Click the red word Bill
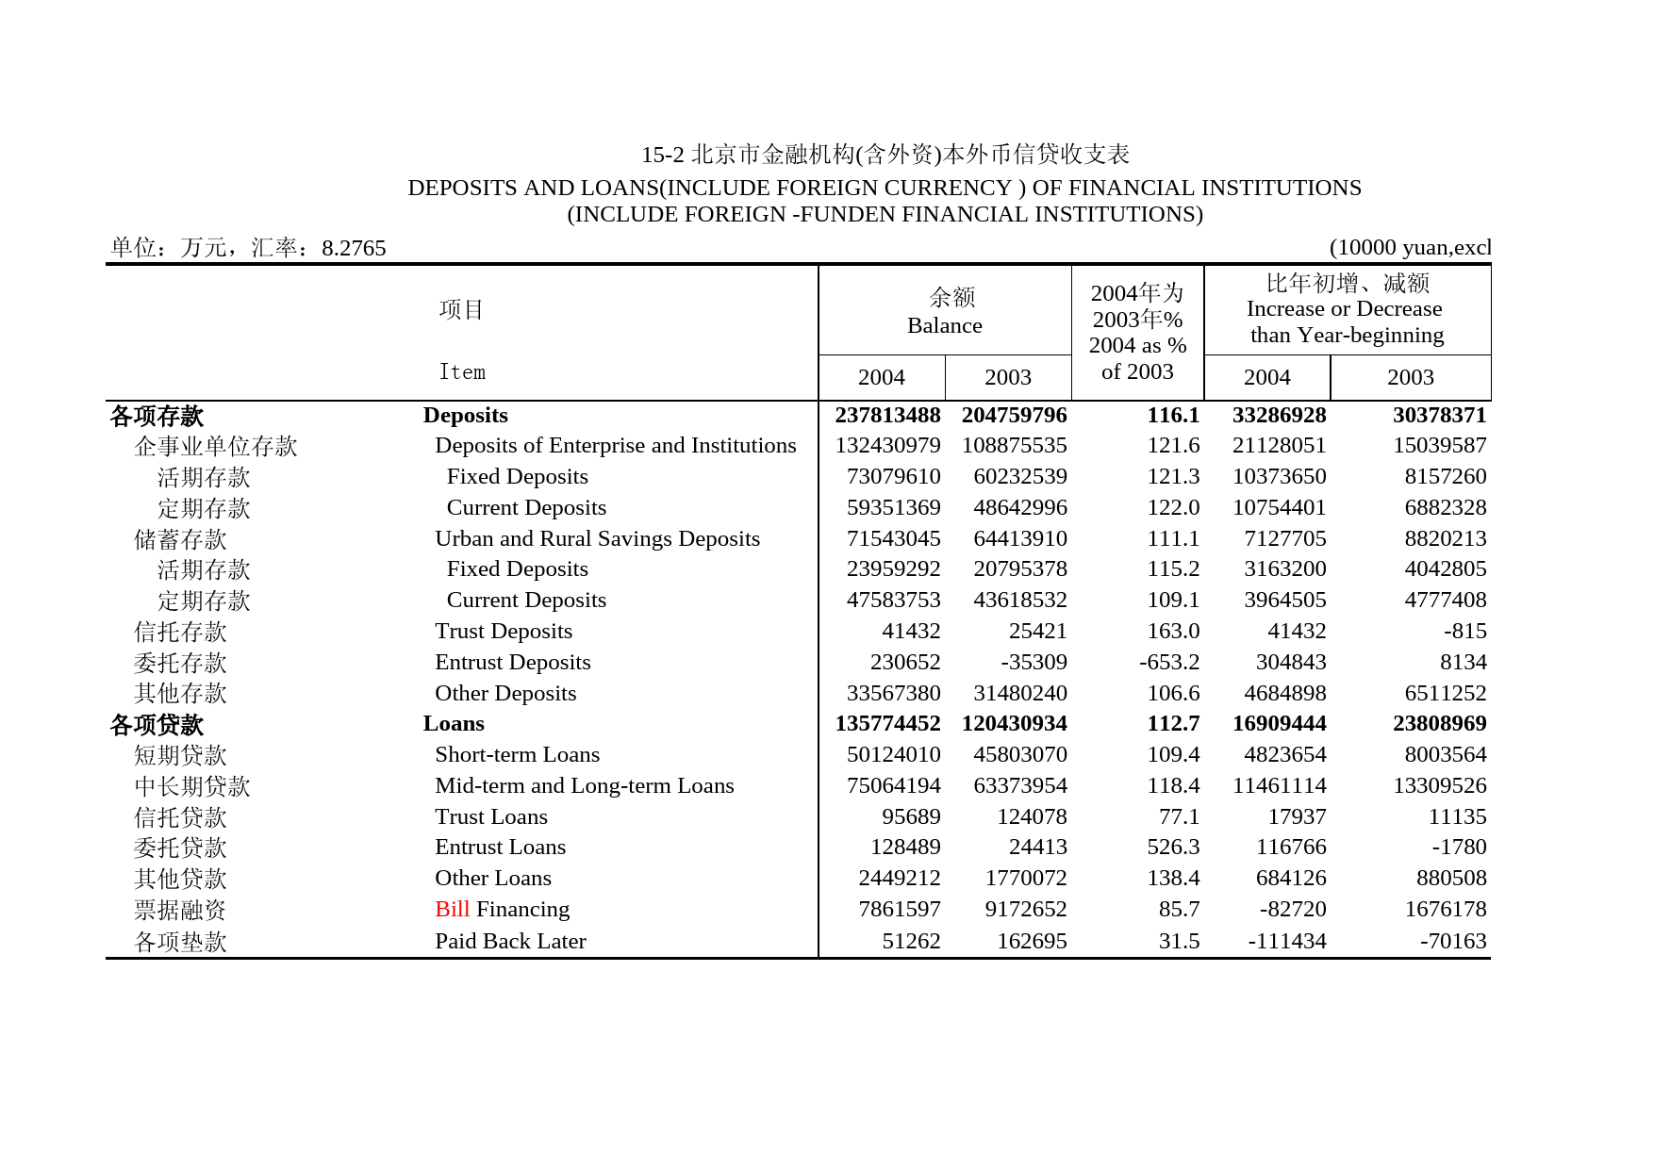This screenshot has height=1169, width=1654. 452,909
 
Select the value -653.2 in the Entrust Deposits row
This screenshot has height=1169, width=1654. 1169,662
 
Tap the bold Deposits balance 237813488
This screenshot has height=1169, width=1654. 887,415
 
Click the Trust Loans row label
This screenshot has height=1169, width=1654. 490,816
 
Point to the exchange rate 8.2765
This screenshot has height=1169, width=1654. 354,248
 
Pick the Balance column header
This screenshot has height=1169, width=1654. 944,325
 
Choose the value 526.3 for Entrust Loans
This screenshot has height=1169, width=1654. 1173,847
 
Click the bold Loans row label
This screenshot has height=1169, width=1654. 454,723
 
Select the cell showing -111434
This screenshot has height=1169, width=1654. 1286,941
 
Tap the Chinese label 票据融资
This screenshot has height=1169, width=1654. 180,910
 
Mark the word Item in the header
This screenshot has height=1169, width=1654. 462,372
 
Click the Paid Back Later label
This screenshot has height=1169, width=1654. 510,941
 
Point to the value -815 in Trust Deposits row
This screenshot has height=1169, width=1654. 1464,631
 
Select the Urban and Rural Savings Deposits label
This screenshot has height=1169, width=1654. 597,538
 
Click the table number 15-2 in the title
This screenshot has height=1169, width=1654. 662,155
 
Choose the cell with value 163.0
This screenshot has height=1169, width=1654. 1173,631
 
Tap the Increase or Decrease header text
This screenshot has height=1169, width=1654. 1344,308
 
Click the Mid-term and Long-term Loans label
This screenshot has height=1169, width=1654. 584,785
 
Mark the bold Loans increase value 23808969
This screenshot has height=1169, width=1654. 1439,723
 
